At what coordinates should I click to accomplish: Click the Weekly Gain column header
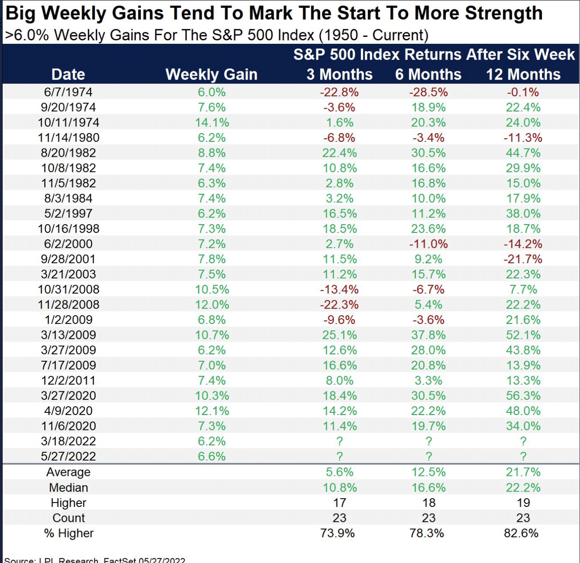coord(211,74)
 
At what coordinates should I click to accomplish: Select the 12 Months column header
coord(523,74)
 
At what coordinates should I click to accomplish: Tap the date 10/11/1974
coord(69,123)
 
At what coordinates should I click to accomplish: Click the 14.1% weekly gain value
coord(212,123)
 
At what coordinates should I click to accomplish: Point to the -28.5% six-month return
coord(428,92)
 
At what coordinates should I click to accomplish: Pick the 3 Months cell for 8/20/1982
coord(339,153)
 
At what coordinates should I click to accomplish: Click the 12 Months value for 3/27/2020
coord(523,396)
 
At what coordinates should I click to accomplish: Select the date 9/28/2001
coord(69,259)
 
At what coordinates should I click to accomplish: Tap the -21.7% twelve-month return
coord(523,259)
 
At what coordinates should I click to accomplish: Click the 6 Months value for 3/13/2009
coord(428,335)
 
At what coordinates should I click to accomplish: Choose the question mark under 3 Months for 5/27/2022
coord(339,456)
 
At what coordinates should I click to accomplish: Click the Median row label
coord(69,488)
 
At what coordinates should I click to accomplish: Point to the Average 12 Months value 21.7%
coord(523,472)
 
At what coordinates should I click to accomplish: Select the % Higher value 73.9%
coord(338,533)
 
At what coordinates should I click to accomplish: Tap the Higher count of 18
coord(429,503)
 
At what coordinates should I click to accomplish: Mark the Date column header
coord(68,74)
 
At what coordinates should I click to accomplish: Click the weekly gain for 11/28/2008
coord(212,305)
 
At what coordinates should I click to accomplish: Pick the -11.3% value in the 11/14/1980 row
coord(523,138)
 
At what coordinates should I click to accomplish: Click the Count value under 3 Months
coord(339,518)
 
